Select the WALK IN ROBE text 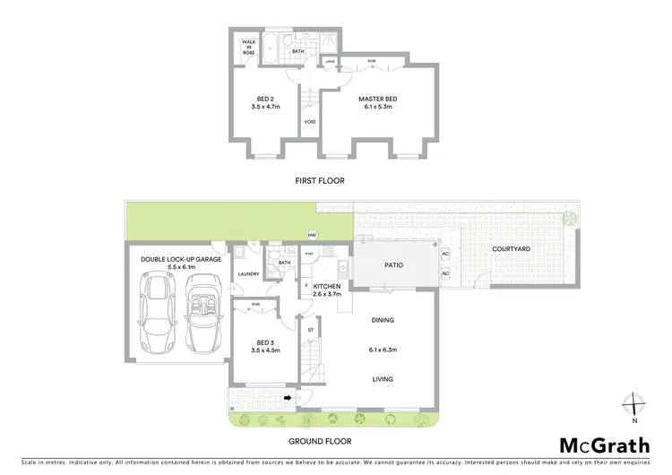[249, 47]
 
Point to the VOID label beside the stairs [309, 122]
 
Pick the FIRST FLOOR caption [320, 181]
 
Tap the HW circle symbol [312, 236]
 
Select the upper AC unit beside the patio [445, 254]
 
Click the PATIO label [394, 265]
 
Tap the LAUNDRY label [249, 274]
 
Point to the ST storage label [311, 329]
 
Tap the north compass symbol [633, 403]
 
